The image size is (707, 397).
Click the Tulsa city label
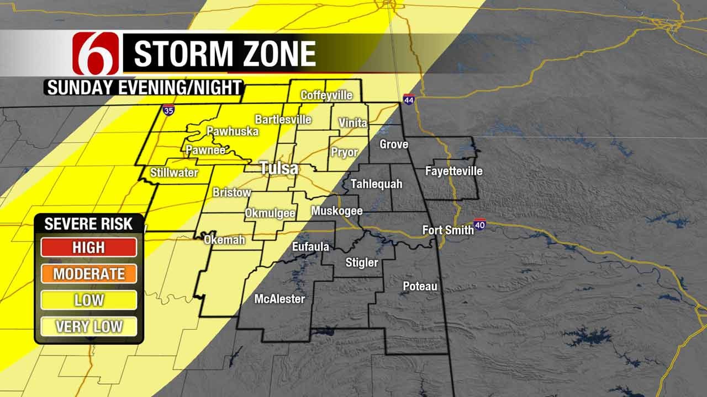[x=279, y=168]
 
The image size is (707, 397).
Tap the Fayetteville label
[x=453, y=171]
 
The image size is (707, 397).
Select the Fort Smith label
[x=448, y=229]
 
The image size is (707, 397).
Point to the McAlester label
[x=279, y=299]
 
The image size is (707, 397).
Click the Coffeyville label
[x=326, y=95]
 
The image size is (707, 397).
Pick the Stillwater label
[x=174, y=173]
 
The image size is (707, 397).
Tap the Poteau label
[x=420, y=286]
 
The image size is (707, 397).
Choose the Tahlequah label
[x=377, y=184]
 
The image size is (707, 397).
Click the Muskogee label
[x=336, y=211]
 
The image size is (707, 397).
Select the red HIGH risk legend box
[x=89, y=247]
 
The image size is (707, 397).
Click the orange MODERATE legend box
[x=89, y=273]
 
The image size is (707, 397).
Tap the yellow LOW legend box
[x=89, y=300]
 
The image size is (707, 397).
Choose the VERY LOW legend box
[x=89, y=326]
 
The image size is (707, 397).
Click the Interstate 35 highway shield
[x=168, y=110]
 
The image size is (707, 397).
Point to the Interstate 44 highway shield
[x=408, y=99]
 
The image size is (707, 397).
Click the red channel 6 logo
[x=96, y=53]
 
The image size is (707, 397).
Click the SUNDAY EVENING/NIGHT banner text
[x=144, y=88]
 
